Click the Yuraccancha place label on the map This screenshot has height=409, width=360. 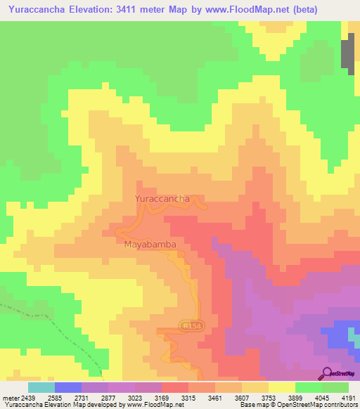(x=162, y=199)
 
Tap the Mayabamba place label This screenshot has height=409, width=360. (x=149, y=245)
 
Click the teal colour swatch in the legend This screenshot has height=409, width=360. (x=41, y=387)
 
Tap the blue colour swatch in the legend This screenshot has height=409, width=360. (x=68, y=387)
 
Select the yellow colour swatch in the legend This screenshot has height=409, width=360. (x=282, y=387)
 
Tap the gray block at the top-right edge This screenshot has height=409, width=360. (x=347, y=54)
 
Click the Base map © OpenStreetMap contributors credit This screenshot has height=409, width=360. (x=297, y=405)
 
